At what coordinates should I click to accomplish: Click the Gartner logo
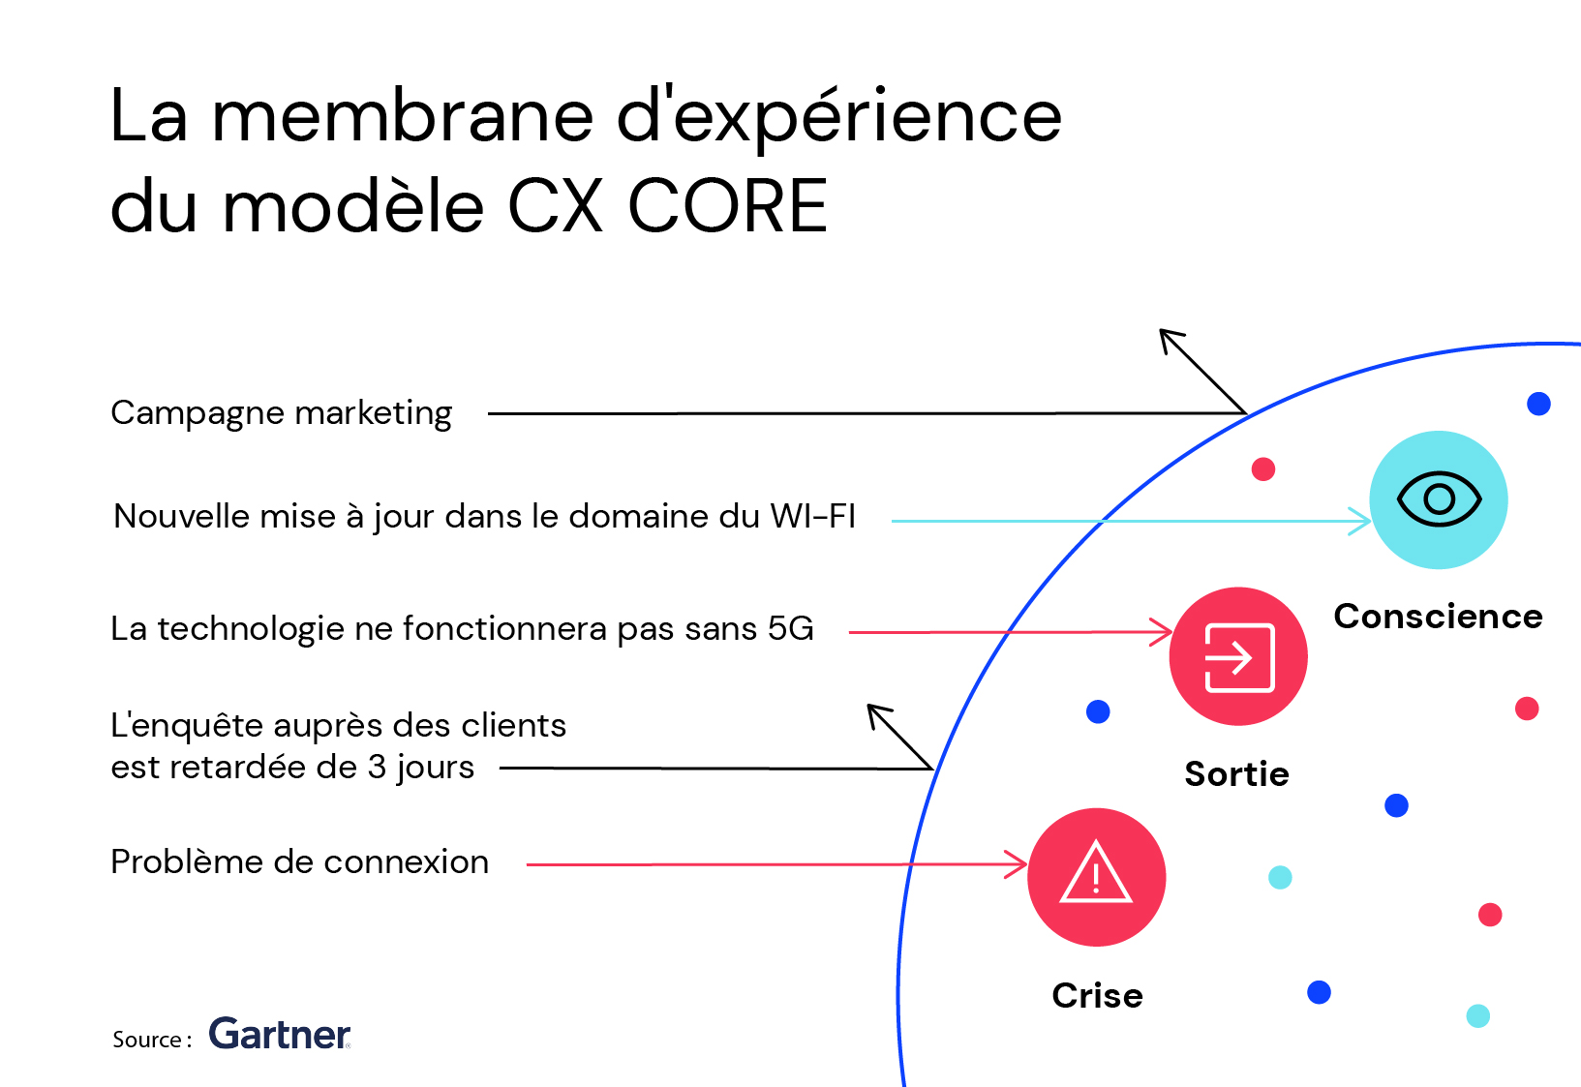(x=280, y=1034)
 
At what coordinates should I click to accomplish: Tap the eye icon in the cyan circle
(x=1439, y=499)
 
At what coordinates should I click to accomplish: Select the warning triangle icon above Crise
(x=1095, y=871)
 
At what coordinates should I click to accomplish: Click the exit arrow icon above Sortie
(x=1238, y=658)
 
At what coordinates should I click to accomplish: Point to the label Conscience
(x=1438, y=617)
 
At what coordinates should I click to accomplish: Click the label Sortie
(x=1236, y=773)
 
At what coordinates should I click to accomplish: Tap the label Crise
(x=1097, y=995)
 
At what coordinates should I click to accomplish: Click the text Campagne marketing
(x=281, y=413)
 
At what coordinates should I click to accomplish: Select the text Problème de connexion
(x=299, y=861)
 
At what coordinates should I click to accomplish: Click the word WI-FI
(x=812, y=516)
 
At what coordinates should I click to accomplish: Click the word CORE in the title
(x=727, y=205)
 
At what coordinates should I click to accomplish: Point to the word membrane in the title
(x=403, y=115)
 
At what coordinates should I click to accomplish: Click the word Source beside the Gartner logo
(x=147, y=1039)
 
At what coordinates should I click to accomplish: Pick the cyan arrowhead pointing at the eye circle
(x=1360, y=521)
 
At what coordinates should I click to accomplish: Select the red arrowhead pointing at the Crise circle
(x=1017, y=864)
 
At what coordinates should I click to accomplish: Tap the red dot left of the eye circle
(x=1262, y=468)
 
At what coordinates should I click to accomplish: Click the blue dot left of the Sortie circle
(x=1098, y=711)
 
